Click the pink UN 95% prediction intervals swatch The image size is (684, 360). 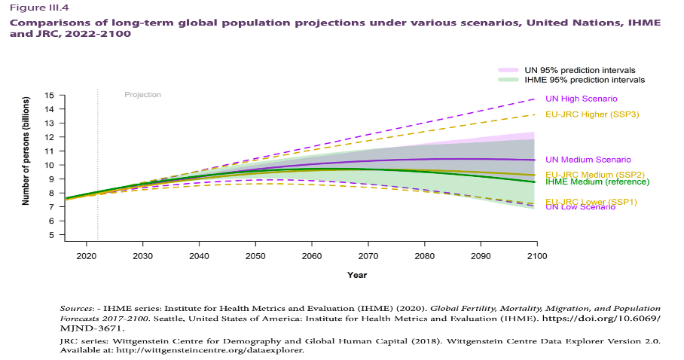508,70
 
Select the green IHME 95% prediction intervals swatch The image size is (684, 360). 508,80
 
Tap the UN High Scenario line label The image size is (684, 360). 580,99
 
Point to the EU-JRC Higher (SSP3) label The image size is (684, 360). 588,114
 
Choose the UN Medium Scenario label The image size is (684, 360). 588,160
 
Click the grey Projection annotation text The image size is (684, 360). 142,95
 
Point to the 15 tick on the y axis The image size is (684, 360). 49,96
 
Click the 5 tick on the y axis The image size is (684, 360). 50,235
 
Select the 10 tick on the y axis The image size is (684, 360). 49,165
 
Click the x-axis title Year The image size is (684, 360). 357,275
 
